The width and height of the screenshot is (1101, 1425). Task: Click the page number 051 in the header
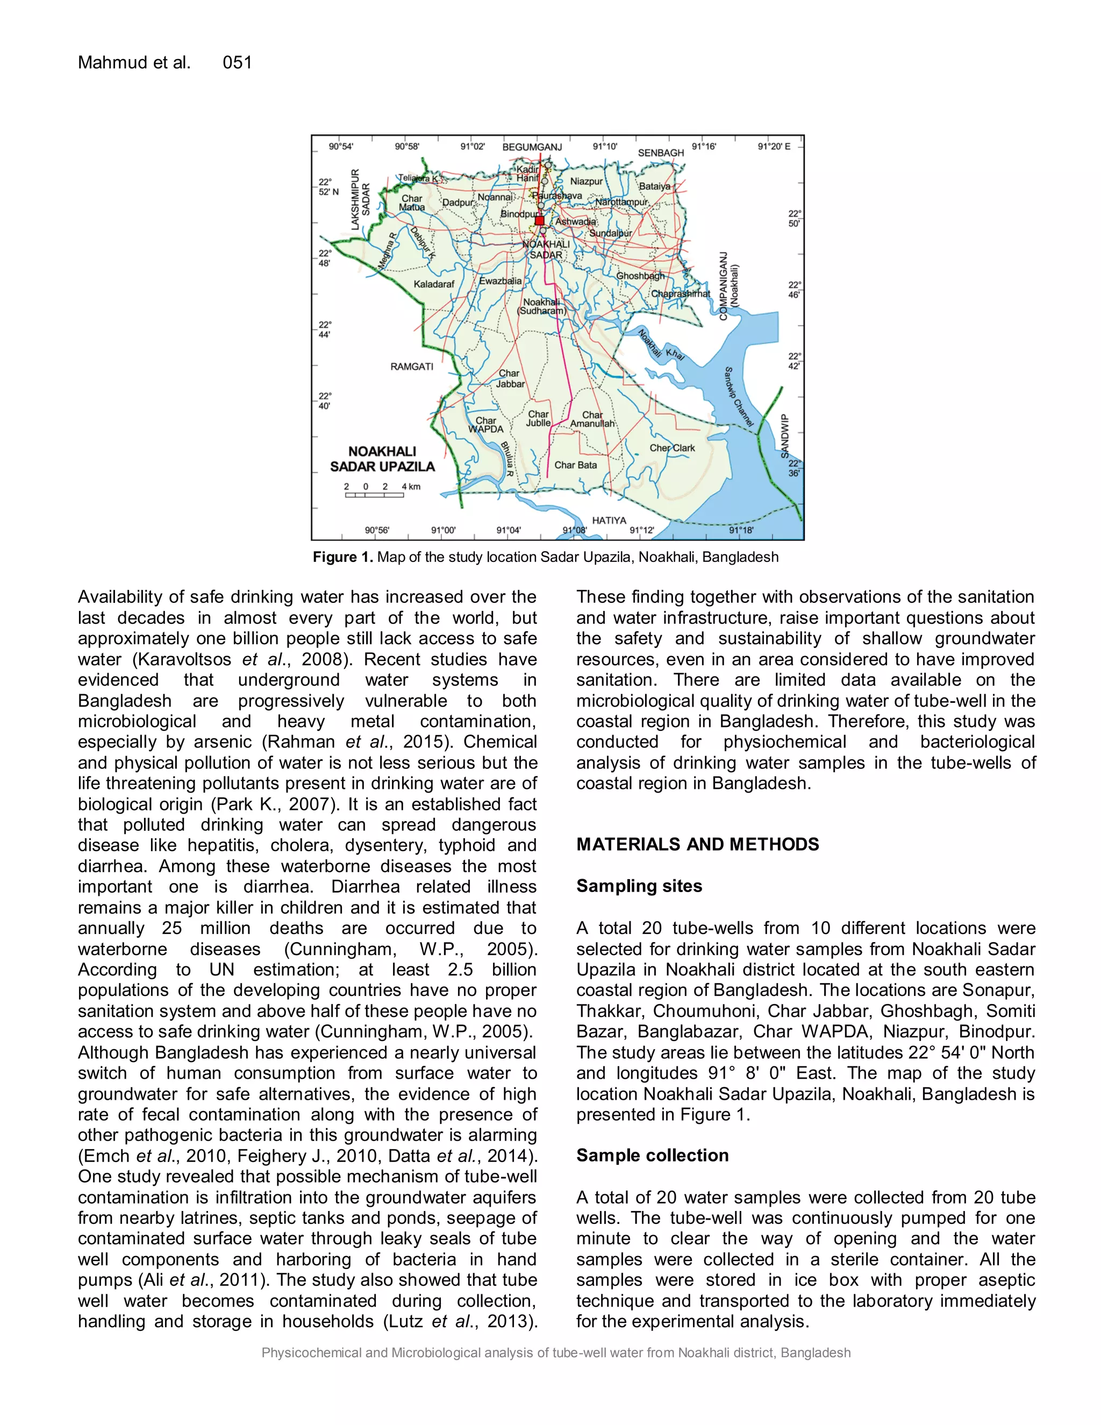pyautogui.click(x=237, y=62)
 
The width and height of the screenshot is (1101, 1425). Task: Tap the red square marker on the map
pyautogui.click(x=539, y=220)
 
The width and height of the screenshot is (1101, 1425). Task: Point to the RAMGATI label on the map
pyautogui.click(x=412, y=367)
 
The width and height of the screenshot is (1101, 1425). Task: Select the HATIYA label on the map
pyautogui.click(x=609, y=520)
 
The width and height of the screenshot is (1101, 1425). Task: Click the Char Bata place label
pyautogui.click(x=575, y=465)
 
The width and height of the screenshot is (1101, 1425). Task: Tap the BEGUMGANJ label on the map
pyautogui.click(x=532, y=147)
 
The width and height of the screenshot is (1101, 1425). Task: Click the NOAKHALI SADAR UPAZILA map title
pyautogui.click(x=382, y=459)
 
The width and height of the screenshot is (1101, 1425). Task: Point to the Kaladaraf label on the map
pyautogui.click(x=434, y=284)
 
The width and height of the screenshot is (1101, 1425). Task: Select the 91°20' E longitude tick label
pyautogui.click(x=774, y=147)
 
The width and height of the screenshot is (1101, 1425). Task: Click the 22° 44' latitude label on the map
pyautogui.click(x=324, y=330)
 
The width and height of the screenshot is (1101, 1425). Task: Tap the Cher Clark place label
pyautogui.click(x=672, y=448)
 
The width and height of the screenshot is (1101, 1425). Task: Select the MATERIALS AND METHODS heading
pyautogui.click(x=697, y=844)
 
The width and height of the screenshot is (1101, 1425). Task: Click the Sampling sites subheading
pyautogui.click(x=639, y=886)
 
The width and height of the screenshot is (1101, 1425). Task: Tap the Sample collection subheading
pyautogui.click(x=652, y=1156)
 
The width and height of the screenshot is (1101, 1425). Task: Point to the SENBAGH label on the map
pyautogui.click(x=661, y=153)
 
